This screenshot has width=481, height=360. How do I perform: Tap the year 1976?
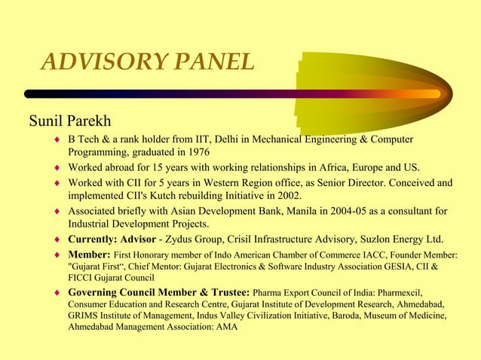pos(194,151)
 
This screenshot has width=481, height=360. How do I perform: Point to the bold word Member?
pos(90,255)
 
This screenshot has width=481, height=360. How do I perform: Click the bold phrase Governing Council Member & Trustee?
pos(158,291)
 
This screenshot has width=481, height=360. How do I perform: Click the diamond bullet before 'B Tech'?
pos(57,139)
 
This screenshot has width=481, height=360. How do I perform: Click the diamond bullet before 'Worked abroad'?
pos(57,167)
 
